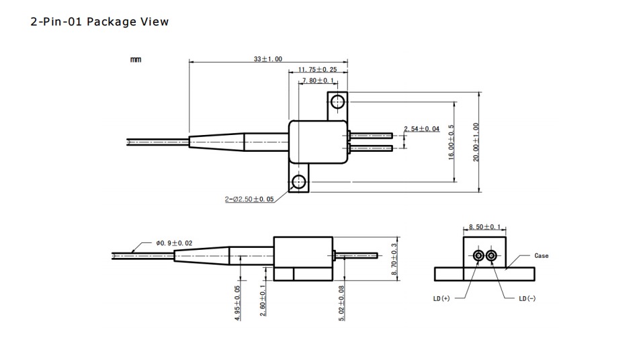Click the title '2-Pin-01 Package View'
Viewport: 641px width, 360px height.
[x=99, y=22]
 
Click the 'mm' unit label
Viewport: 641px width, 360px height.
[x=136, y=60]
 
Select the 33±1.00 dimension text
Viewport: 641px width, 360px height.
[x=268, y=59]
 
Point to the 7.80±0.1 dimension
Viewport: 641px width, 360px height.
[x=317, y=81]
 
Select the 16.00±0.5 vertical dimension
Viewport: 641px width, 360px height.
[x=452, y=142]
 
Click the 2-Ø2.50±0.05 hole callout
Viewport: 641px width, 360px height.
[x=249, y=199]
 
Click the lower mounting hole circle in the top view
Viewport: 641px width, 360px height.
[x=298, y=182]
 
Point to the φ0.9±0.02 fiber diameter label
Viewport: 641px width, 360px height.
[x=174, y=242]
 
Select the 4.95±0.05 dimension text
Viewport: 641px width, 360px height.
[x=238, y=304]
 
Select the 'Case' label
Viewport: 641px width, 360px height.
[x=541, y=256]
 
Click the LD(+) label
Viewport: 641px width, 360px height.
[x=441, y=298]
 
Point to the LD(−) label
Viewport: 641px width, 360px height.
[x=527, y=298]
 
